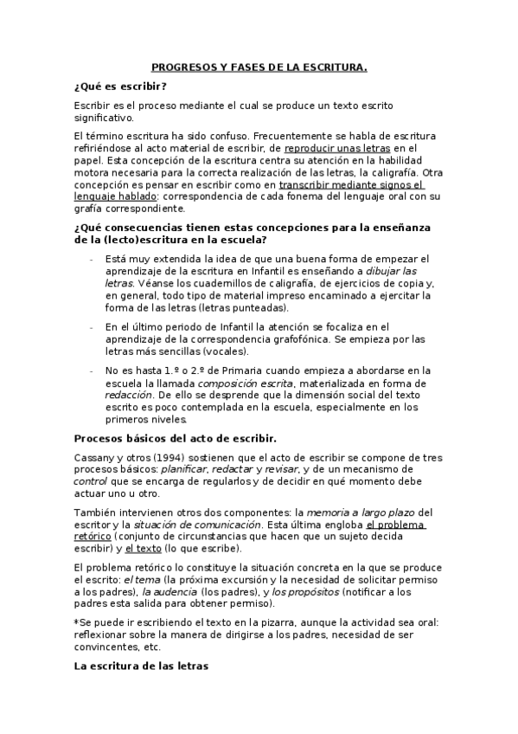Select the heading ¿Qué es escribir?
[x=120, y=87]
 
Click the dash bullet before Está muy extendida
[x=92, y=259]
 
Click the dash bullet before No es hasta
[x=92, y=370]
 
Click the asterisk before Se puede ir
[x=77, y=622]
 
